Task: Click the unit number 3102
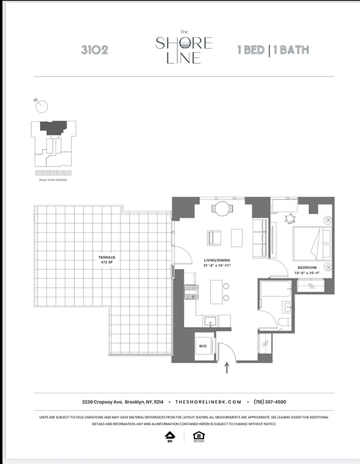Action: pos(94,50)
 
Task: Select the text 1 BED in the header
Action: pos(251,50)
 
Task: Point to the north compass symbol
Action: pos(42,106)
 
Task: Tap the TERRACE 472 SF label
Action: pos(107,259)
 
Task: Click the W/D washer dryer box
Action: pos(203,346)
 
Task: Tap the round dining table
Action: pos(221,208)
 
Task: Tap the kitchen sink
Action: pos(210,320)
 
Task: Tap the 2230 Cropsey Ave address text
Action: pos(122,402)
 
